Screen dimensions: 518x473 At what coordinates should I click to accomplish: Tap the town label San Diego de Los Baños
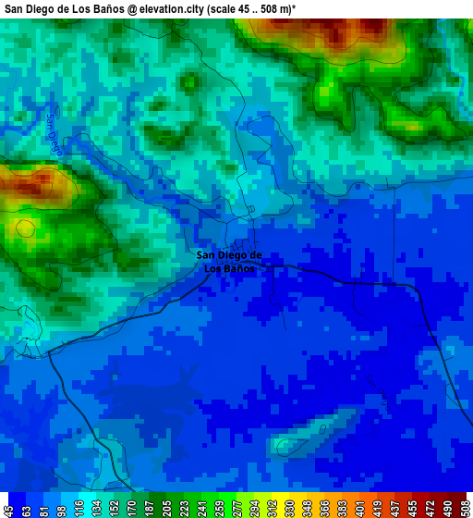[x=229, y=262]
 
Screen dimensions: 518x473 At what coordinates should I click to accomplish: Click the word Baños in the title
[x=105, y=8]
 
